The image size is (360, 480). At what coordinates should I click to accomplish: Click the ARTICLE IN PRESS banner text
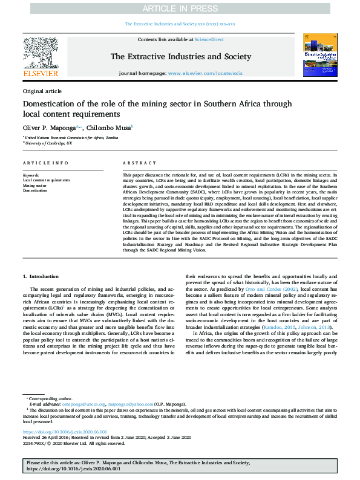(180, 8)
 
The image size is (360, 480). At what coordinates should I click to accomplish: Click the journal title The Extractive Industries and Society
(180, 57)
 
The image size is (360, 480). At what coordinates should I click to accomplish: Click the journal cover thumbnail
(320, 55)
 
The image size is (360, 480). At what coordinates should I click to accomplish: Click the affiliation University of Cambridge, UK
(48, 144)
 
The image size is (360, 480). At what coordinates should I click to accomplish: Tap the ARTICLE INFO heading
(45, 163)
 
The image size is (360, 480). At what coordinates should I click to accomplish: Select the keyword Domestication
(35, 190)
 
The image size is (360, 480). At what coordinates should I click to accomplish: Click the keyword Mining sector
(36, 185)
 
